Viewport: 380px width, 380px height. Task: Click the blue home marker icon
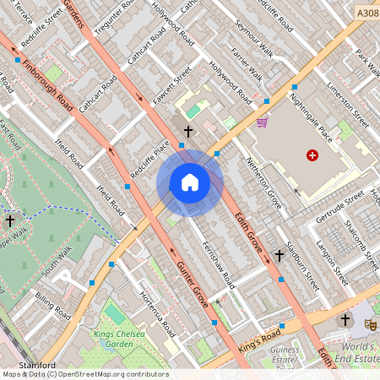click(x=190, y=182)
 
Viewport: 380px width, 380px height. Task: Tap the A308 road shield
click(x=367, y=14)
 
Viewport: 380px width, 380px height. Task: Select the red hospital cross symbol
click(x=313, y=155)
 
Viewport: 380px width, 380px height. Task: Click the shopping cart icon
click(x=262, y=122)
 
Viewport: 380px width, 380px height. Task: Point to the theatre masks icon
click(x=369, y=323)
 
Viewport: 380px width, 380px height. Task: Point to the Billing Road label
click(x=52, y=305)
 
